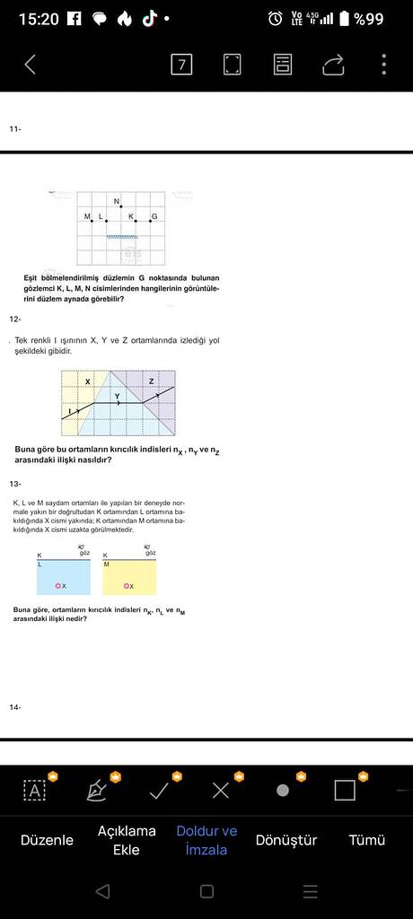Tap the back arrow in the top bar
coord(31,64)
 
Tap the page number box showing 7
coord(181,64)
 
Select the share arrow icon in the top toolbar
coord(333,64)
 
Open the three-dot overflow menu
coord(383,64)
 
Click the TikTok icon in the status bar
coord(148,18)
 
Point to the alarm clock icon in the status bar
coord(275,18)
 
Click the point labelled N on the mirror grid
coord(120,206)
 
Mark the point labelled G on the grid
coord(149,221)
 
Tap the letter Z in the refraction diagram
coord(151,381)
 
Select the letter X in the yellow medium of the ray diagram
coord(87,381)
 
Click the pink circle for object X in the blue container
coord(57,586)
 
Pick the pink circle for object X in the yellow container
coord(127,586)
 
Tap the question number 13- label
coord(14,484)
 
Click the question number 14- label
coord(14,707)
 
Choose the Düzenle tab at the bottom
coord(47,840)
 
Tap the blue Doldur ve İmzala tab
coord(206,840)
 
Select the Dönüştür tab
coord(286,840)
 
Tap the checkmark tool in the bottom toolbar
coord(159,791)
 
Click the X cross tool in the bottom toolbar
coord(221,791)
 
